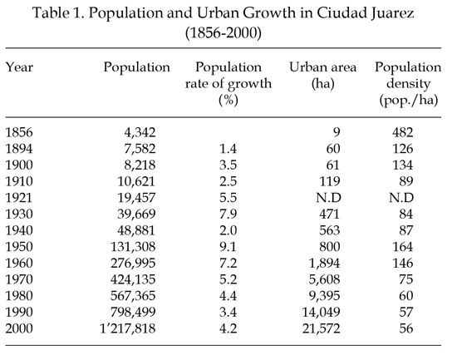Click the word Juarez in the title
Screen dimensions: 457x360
point(392,13)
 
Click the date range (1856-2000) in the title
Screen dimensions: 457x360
point(223,32)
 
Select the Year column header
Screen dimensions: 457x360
point(19,67)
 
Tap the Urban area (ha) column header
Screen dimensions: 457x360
point(322,76)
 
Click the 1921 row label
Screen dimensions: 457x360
point(18,198)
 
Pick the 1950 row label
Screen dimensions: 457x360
point(19,247)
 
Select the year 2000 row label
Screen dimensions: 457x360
point(19,328)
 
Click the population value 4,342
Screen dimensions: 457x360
point(140,132)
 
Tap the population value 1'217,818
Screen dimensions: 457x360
point(128,328)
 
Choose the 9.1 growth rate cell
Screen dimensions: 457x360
point(228,247)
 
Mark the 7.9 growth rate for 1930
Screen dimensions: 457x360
point(228,215)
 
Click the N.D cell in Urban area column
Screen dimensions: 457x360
point(328,198)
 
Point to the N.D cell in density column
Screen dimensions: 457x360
point(401,198)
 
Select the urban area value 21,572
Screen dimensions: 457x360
point(322,328)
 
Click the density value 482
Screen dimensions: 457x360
point(402,132)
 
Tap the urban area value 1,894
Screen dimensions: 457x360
point(324,264)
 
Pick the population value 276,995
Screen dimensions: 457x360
point(133,264)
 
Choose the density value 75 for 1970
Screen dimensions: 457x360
point(406,279)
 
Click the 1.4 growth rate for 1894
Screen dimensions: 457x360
point(228,149)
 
